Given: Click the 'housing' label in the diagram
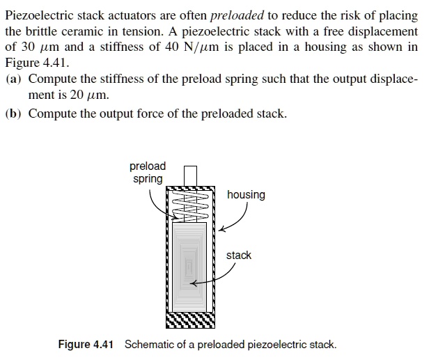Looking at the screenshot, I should click(246, 195).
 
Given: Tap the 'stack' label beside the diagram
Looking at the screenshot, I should click(238, 256).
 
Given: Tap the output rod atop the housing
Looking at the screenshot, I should click(190, 175).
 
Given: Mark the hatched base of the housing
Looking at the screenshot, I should click(191, 320).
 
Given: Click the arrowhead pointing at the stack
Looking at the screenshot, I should click(195, 283).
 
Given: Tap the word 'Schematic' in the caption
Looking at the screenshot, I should click(147, 345).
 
